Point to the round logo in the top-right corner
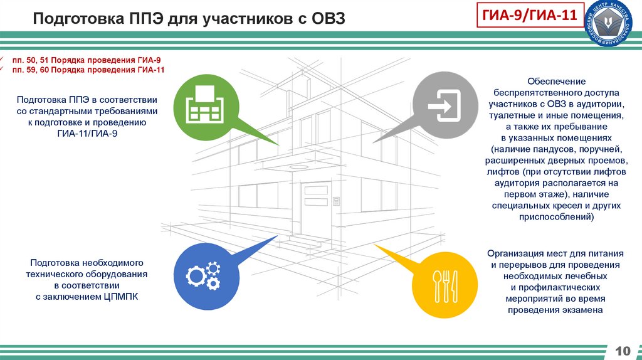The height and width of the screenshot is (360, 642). pos(616,27)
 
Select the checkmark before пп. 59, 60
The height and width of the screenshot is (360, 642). pos(3,70)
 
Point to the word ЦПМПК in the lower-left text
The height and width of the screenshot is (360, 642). pos(119,297)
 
